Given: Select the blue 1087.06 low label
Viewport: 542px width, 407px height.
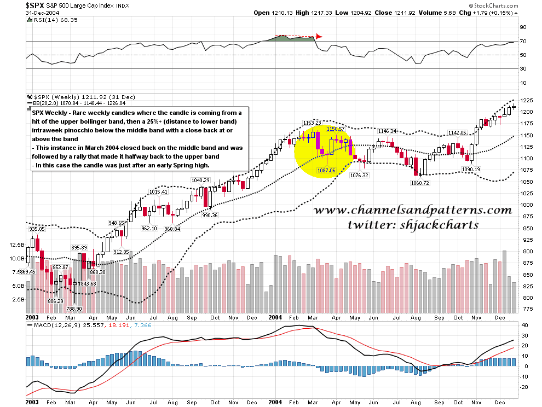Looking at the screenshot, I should pyautogui.click(x=327, y=171).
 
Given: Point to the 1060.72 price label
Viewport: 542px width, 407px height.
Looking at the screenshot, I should pyautogui.click(x=419, y=183).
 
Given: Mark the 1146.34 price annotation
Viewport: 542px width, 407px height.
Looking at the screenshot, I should pyautogui.click(x=387, y=131).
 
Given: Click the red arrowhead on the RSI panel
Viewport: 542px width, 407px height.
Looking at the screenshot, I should pyautogui.click(x=319, y=37).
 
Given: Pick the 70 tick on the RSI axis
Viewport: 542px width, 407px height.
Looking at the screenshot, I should pyautogui.click(x=523, y=41).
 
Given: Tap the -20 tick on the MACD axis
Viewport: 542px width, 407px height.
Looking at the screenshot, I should pyautogui.click(x=524, y=387).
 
